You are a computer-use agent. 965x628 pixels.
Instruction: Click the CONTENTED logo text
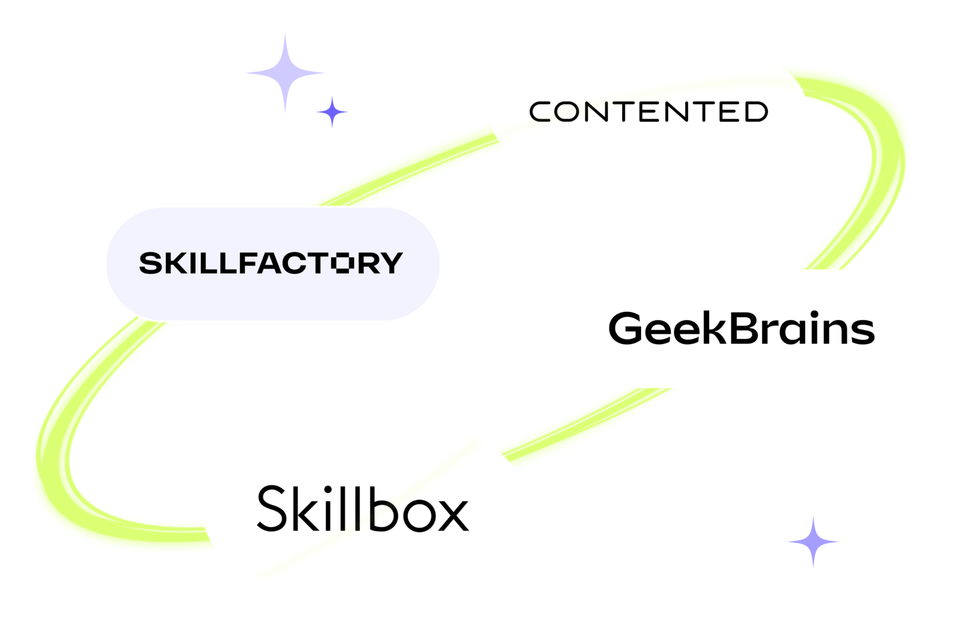(x=649, y=111)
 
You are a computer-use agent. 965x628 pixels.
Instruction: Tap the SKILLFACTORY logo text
(x=271, y=263)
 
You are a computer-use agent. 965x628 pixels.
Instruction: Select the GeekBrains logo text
(x=741, y=329)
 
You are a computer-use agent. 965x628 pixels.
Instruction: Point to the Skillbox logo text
(x=362, y=508)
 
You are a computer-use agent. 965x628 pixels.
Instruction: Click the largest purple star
(x=285, y=73)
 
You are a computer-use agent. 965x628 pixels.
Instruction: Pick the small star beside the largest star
(x=332, y=111)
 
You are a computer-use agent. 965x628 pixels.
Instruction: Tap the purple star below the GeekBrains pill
(x=813, y=541)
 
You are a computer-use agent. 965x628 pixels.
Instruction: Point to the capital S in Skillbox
(x=272, y=508)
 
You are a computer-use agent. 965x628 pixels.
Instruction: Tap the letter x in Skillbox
(x=452, y=514)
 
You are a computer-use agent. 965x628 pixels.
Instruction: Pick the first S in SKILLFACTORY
(x=151, y=263)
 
